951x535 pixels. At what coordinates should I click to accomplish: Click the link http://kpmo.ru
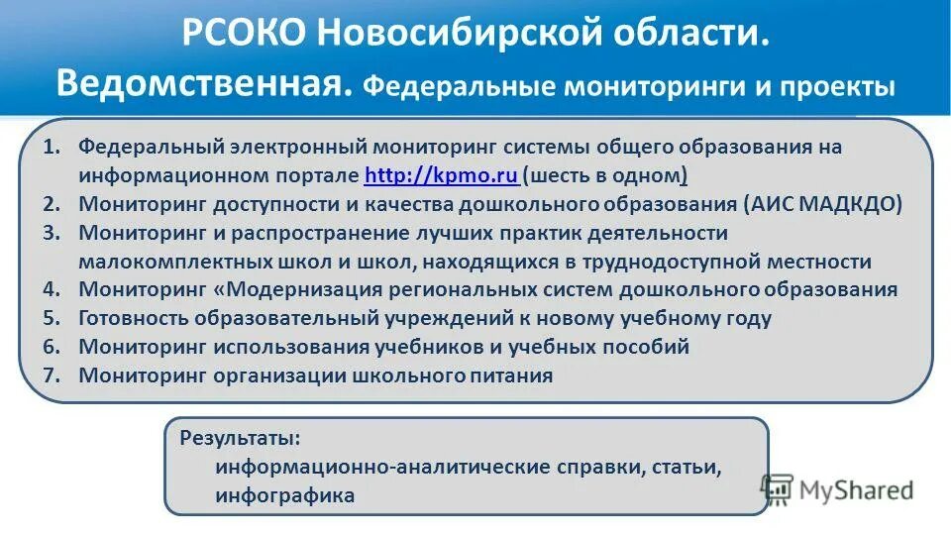[x=441, y=176]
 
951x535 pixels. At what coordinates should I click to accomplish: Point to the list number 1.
[x=53, y=147]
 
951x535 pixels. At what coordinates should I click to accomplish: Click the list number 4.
[x=53, y=290]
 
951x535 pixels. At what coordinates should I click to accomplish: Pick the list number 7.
[x=53, y=375]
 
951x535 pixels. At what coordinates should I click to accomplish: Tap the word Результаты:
[x=241, y=437]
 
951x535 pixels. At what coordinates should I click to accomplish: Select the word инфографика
[x=284, y=494]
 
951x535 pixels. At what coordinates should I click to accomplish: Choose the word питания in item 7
[x=513, y=375]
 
